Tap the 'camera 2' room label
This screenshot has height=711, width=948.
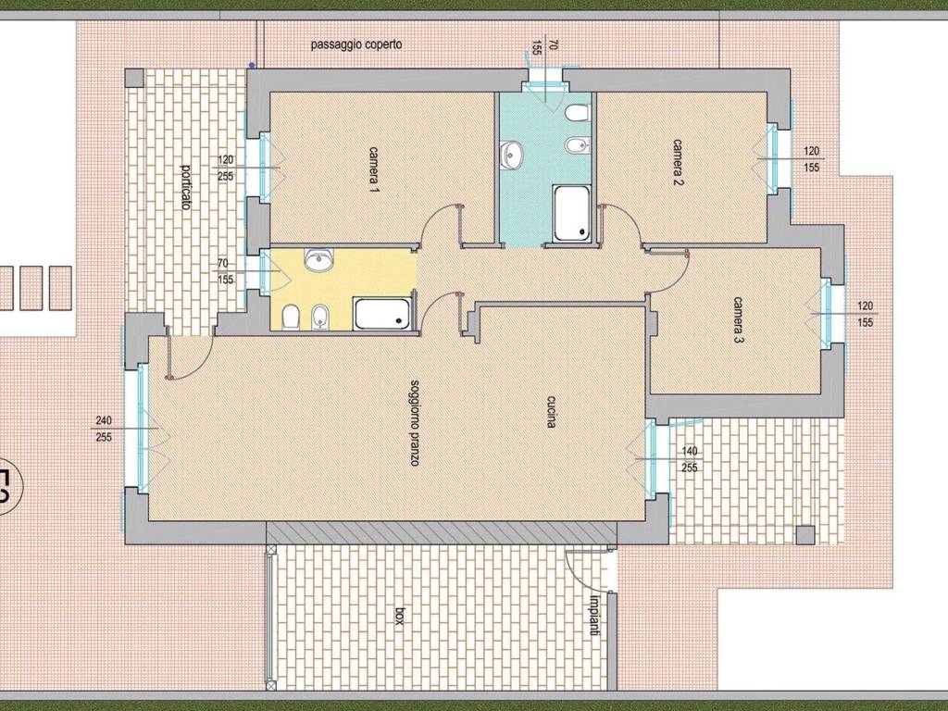pyautogui.click(x=678, y=163)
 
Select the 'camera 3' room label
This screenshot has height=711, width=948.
pyautogui.click(x=739, y=319)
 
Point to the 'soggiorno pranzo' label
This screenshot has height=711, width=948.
pyautogui.click(x=415, y=422)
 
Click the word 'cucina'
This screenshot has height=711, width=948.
pyautogui.click(x=552, y=412)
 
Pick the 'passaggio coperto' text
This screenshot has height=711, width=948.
pyautogui.click(x=356, y=44)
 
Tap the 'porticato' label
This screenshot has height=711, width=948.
pyautogui.click(x=185, y=187)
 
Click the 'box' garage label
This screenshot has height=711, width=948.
pyautogui.click(x=399, y=617)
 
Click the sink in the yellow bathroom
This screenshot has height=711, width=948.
pyautogui.click(x=318, y=260)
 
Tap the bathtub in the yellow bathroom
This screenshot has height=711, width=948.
pyautogui.click(x=381, y=314)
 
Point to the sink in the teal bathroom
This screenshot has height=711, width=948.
pyautogui.click(x=511, y=154)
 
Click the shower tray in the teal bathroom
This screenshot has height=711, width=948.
pyautogui.click(x=572, y=214)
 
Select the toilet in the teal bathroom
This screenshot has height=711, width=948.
pyautogui.click(x=578, y=113)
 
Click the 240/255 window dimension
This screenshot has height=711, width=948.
pyautogui.click(x=104, y=429)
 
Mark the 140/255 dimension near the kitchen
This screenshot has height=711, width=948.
pyautogui.click(x=689, y=459)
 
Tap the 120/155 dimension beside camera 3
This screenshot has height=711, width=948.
pyautogui.click(x=865, y=315)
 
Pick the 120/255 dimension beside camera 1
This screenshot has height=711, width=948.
pyautogui.click(x=226, y=168)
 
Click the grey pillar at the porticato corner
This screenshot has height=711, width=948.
pyautogui.click(x=134, y=78)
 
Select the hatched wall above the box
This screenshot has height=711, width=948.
pyautogui.click(x=442, y=533)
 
